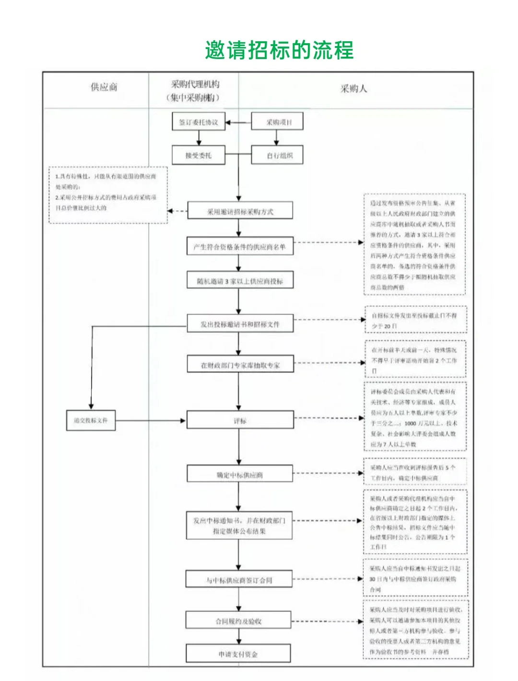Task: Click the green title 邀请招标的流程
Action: pos(279,50)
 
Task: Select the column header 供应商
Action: pos(104,87)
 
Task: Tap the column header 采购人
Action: pos(353,89)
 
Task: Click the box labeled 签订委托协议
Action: pos(199,122)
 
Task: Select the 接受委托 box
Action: pos(199,155)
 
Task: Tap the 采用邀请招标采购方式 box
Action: pos(240,211)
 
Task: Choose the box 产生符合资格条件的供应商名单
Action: pos(240,247)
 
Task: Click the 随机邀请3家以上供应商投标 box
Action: pos(240,281)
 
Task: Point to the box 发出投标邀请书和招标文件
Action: pos(240,324)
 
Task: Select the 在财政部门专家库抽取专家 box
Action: pos(240,365)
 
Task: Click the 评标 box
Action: pos(240,420)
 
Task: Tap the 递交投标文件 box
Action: pos(91,420)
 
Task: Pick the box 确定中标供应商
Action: pos(240,475)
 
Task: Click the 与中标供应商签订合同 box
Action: pos(239,580)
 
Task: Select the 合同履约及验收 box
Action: pos(239,621)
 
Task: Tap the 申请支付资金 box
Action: pos(239,654)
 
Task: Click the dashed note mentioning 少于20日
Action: pos(415,320)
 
